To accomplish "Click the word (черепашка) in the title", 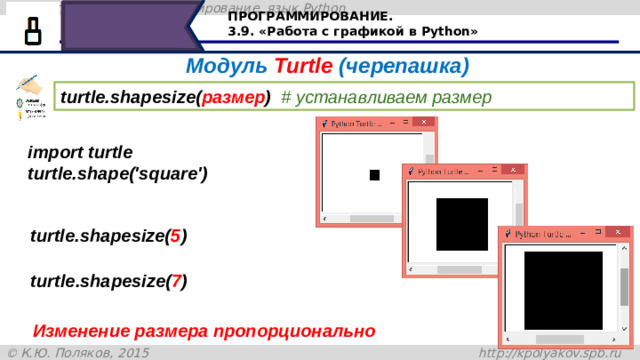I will point(404,67).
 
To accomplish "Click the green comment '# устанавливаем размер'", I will point(386,97).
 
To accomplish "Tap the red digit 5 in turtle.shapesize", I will point(175,237).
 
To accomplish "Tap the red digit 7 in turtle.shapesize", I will point(175,281).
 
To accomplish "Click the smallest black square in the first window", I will point(374,175).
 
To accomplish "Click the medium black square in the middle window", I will point(462,224).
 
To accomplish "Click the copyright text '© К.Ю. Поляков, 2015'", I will point(78,352).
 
